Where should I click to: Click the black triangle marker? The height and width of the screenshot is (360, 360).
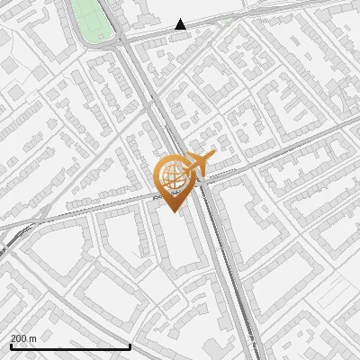coord(181,25)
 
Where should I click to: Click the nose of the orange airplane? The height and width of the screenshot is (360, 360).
coord(213,156)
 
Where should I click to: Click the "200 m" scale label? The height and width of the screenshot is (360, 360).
coord(22,337)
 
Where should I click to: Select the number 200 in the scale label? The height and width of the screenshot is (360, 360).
coord(19,337)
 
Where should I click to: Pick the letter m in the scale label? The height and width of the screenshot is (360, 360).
coord(32,337)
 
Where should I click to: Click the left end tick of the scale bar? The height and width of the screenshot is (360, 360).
coord(11,346)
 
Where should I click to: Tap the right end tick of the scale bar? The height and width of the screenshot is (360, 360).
coord(130,346)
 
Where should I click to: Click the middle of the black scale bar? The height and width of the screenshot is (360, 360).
coord(70,347)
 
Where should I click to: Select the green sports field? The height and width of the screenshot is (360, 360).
coord(91,20)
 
